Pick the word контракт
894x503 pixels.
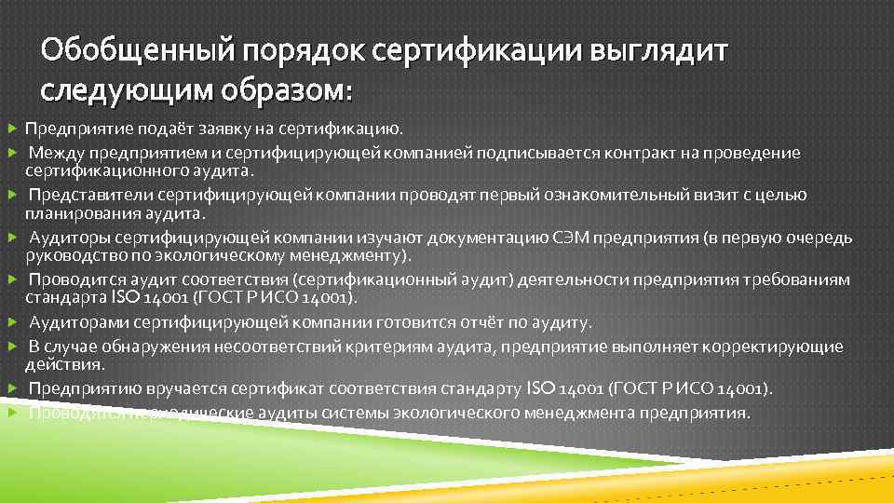click(638, 153)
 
